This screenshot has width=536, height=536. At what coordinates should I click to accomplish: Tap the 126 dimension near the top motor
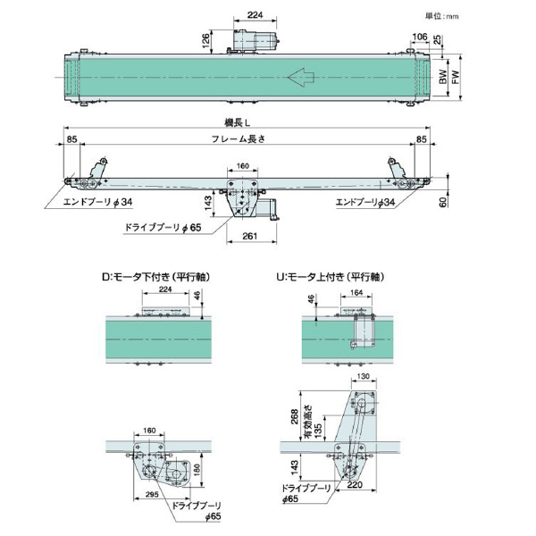point(205,39)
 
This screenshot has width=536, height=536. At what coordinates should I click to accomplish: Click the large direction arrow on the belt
point(305,80)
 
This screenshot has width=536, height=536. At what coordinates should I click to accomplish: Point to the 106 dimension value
point(420,38)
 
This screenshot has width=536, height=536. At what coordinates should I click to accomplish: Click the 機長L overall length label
point(237,124)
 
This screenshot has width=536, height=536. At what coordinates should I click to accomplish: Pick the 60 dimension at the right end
point(443,202)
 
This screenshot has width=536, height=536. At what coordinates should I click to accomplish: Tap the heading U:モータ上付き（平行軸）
point(331,276)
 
